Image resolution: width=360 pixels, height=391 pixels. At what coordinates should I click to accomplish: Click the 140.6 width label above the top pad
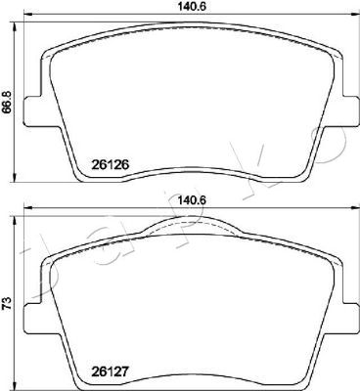pyautogui.click(x=192, y=6)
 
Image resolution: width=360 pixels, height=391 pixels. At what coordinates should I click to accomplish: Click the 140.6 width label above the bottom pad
pyautogui.click(x=192, y=199)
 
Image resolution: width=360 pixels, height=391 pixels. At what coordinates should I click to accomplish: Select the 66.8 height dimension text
pyautogui.click(x=7, y=102)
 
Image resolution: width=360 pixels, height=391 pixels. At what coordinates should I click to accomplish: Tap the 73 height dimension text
pyautogui.click(x=7, y=303)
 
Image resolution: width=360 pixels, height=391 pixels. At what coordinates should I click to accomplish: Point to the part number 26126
pyautogui.click(x=111, y=165)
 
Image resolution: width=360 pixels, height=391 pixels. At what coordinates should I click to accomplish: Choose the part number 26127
pyautogui.click(x=111, y=372)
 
